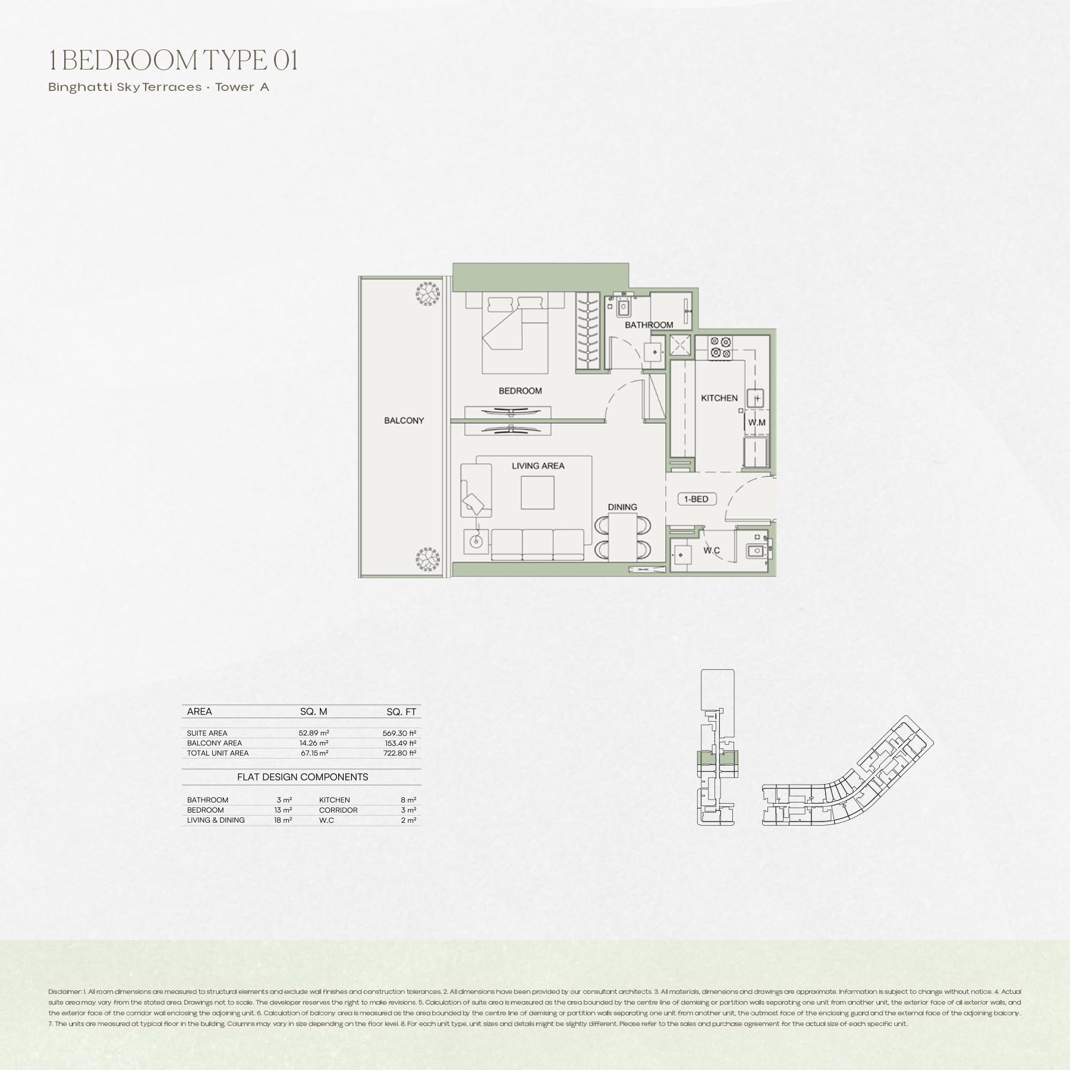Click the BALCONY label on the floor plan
click(x=404, y=420)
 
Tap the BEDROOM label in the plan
click(x=520, y=391)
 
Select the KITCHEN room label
click(x=719, y=398)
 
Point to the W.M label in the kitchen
click(x=757, y=423)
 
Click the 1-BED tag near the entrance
click(x=696, y=499)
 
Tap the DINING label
click(x=622, y=507)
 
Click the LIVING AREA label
click(x=538, y=465)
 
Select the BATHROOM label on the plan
click(x=649, y=325)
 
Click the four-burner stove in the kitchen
click(x=720, y=347)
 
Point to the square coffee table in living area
click(x=537, y=493)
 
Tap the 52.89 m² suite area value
click(x=314, y=733)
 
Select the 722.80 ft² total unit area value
click(x=399, y=753)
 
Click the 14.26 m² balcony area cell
click(x=314, y=743)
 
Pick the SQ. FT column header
click(x=401, y=712)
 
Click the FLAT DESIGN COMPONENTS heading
click(x=303, y=777)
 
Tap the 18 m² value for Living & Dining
click(x=283, y=820)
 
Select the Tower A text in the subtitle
click(x=243, y=87)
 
